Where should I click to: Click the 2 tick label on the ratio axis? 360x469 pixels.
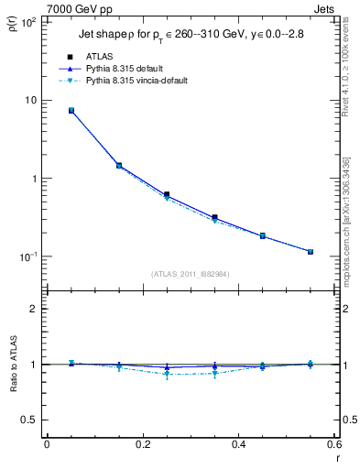click(34, 309)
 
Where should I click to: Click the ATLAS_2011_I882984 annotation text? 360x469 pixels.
click(191, 273)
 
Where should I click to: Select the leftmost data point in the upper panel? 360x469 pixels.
click(71, 110)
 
